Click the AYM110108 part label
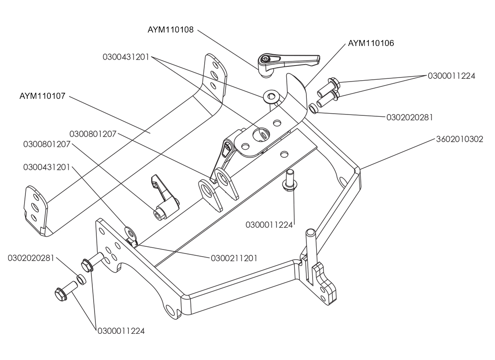(170, 30)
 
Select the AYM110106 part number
(371, 43)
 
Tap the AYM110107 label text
(42, 96)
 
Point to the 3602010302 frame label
(460, 139)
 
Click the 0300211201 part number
(234, 258)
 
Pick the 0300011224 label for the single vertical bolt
(269, 225)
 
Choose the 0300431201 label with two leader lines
(126, 57)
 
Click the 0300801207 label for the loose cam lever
(47, 144)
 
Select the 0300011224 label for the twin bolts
(451, 76)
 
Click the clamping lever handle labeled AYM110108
(287, 62)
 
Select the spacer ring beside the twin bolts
(313, 109)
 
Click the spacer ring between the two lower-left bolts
(82, 279)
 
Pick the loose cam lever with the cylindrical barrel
(165, 197)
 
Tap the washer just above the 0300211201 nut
(130, 233)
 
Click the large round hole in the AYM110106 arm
(262, 135)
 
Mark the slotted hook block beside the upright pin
(324, 282)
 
